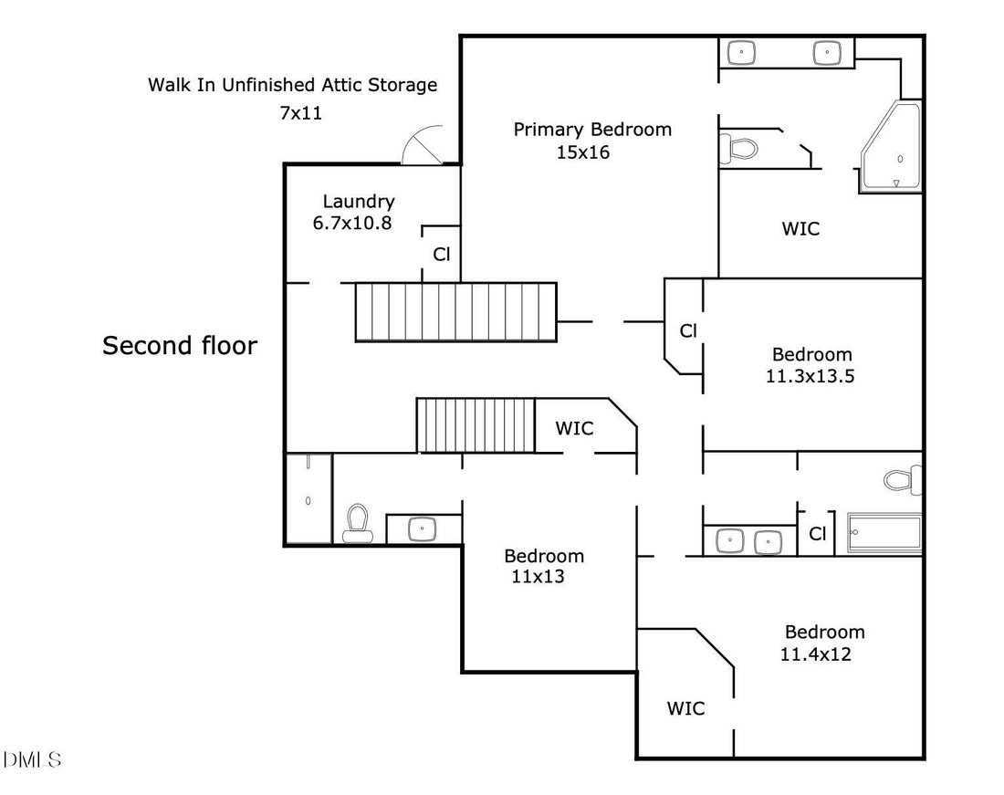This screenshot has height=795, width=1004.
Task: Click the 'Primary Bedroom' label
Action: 592,130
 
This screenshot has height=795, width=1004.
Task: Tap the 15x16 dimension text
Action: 582,152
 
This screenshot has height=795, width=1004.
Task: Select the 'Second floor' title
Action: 180,346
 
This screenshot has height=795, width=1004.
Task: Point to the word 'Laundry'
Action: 359,203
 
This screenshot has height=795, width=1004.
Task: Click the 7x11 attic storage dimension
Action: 300,113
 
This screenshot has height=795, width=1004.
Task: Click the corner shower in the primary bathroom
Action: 891,146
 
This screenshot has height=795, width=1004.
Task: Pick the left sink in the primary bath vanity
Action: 741,53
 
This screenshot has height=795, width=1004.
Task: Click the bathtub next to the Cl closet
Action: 884,532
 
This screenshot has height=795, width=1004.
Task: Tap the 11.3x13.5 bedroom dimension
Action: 810,376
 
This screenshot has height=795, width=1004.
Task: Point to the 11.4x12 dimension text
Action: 816,654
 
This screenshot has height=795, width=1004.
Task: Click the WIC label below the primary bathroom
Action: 800,228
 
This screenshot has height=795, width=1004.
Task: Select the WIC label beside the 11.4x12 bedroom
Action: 685,708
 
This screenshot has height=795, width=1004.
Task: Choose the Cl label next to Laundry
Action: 442,255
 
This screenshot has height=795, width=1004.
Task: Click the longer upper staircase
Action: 455,312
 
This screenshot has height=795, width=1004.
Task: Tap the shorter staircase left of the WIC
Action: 476,425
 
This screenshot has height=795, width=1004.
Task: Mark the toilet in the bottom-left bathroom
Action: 357,523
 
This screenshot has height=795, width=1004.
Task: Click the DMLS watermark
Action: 32,759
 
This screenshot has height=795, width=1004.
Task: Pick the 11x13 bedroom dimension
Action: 538,577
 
